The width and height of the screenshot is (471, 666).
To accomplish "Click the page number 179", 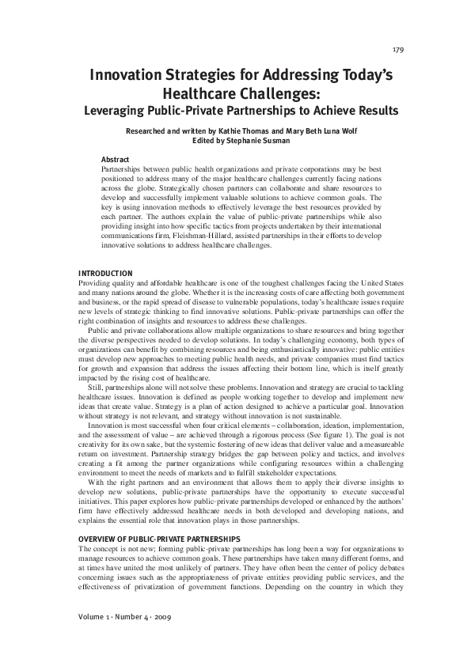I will [398, 50].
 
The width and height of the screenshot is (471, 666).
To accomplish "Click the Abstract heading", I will [115, 159].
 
